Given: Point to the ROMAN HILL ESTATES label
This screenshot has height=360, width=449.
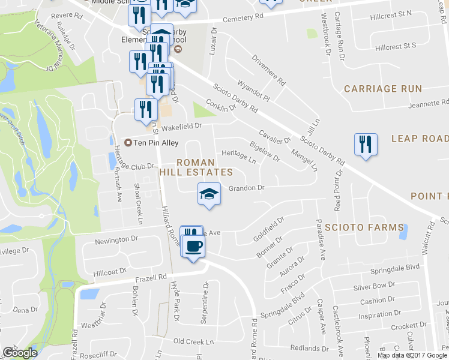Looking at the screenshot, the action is tap(196, 167).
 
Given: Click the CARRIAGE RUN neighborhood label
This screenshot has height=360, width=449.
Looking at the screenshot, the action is tap(383, 89).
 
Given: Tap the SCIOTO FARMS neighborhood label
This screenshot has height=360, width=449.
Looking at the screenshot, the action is tap(364, 227).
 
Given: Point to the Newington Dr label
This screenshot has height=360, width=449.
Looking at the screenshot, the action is tap(117, 239).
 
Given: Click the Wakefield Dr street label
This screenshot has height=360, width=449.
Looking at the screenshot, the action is tap(180, 126).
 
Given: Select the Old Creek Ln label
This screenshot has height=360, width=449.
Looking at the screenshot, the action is tap(193, 341).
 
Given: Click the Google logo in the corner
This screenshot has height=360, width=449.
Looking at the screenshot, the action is tap(20, 352).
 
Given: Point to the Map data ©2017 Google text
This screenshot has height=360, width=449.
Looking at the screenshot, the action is tap(412, 355).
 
